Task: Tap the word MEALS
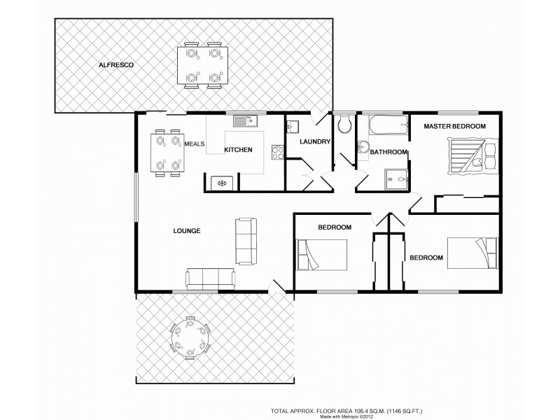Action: click(194, 144)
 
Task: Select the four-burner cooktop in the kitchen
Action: click(276, 150)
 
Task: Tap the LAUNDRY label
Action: click(314, 142)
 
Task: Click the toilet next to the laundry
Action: click(344, 125)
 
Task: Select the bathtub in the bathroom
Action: click(382, 125)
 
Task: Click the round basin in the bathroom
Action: click(363, 147)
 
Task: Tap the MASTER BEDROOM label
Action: click(454, 126)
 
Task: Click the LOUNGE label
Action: click(187, 230)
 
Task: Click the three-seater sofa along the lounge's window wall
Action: click(211, 279)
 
